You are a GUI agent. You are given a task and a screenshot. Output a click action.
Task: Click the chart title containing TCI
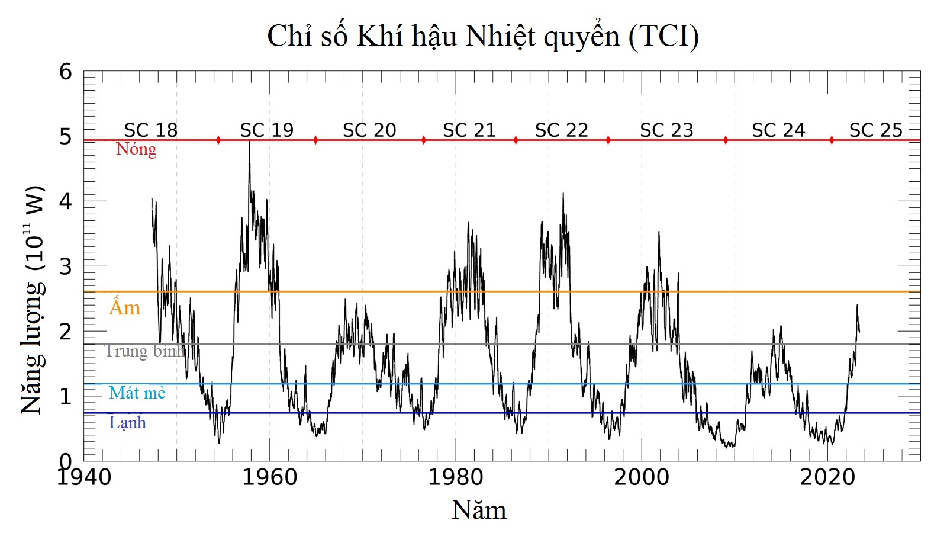(482, 37)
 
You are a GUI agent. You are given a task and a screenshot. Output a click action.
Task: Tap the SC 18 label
(151, 130)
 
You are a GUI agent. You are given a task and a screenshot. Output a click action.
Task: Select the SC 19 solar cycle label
(266, 130)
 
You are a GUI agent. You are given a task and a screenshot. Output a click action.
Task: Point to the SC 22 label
(561, 130)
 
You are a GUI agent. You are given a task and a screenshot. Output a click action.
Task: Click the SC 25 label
(875, 130)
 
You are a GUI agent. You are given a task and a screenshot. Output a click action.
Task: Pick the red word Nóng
(136, 149)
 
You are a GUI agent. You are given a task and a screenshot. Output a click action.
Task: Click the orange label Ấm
(125, 307)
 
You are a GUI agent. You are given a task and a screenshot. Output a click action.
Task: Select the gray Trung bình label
(144, 351)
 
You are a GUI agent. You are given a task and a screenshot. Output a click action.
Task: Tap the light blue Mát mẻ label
(137, 393)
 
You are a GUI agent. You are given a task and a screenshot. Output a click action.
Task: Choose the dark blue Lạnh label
(127, 423)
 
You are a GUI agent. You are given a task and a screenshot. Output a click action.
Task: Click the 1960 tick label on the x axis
(269, 477)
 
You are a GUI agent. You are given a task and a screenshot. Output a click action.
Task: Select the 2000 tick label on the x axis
(641, 477)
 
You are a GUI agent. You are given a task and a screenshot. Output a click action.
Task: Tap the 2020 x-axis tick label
(827, 477)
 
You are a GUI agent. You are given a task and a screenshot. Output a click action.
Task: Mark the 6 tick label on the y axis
(66, 72)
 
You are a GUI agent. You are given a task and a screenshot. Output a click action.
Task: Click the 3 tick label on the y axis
(66, 267)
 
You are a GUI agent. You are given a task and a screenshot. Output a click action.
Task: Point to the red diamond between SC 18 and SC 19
(218, 140)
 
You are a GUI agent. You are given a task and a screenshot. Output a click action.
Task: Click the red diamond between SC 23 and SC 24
(726, 140)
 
